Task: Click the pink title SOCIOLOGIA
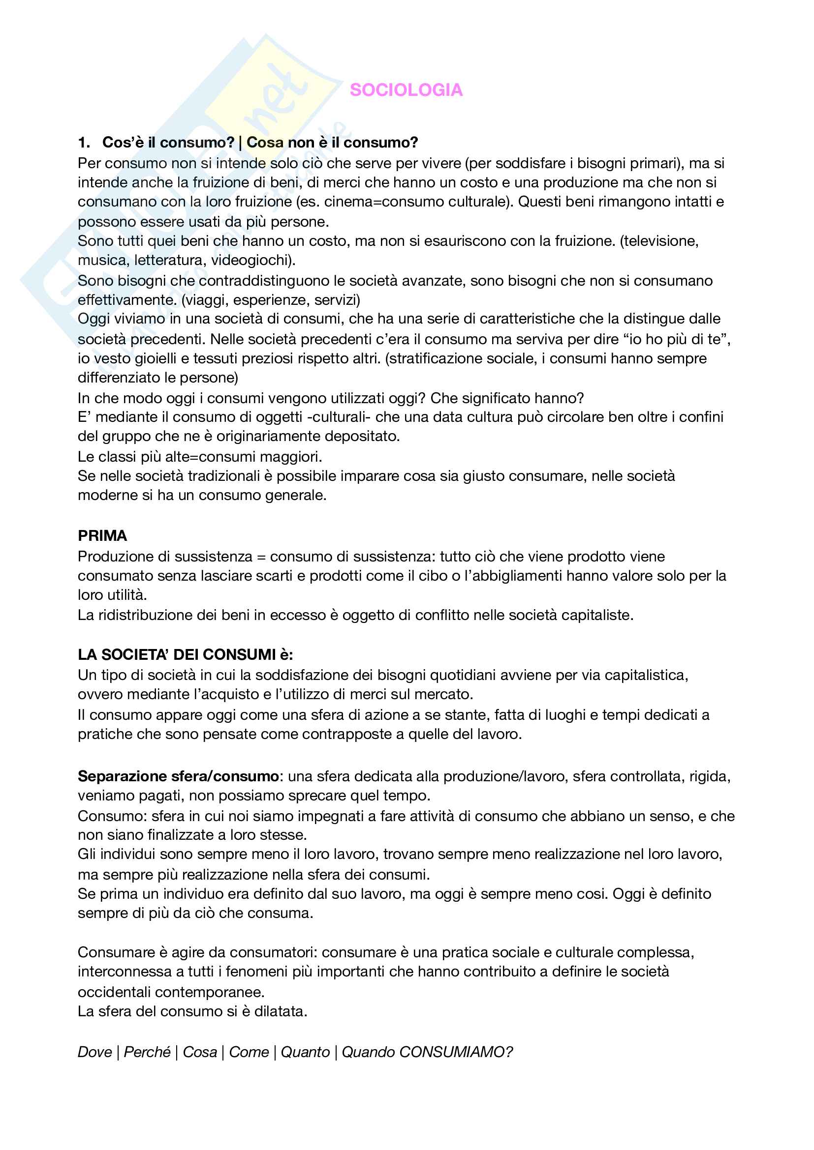click(x=406, y=90)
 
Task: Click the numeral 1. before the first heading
click(x=84, y=143)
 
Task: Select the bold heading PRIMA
click(x=102, y=536)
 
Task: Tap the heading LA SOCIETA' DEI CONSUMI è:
click(x=186, y=654)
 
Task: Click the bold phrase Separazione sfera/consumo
click(x=179, y=776)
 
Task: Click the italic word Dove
click(x=94, y=1052)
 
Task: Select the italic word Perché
click(x=147, y=1052)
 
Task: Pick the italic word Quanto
click(x=305, y=1052)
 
